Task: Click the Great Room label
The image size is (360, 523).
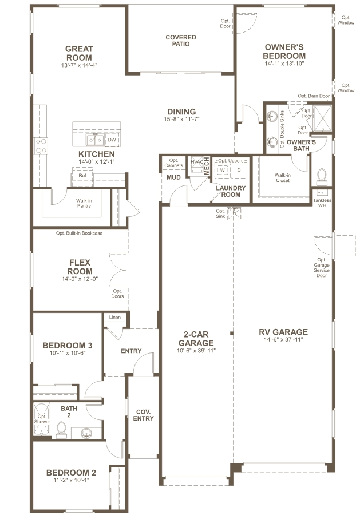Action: (x=79, y=53)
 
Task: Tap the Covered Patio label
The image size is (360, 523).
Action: (x=180, y=41)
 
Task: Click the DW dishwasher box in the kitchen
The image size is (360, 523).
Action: (x=112, y=140)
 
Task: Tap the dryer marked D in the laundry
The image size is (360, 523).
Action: (x=239, y=171)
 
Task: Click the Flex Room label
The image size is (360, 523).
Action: (x=80, y=267)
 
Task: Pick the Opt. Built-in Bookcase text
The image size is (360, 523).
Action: (x=79, y=233)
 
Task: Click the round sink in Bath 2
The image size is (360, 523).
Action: (x=86, y=432)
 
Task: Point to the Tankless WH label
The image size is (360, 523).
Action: (x=322, y=203)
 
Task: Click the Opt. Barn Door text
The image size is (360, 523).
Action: (x=314, y=96)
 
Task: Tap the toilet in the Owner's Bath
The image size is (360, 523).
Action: (x=321, y=175)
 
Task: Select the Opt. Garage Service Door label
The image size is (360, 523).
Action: (x=322, y=267)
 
